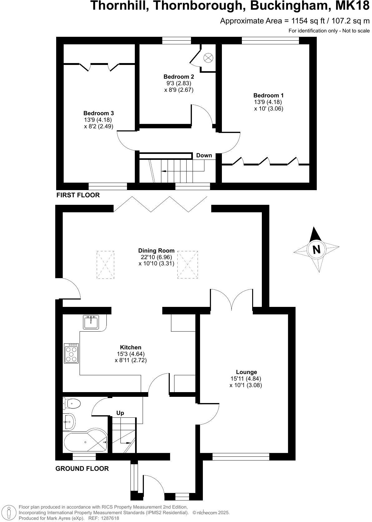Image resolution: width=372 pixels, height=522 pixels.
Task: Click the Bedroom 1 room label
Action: [268, 96]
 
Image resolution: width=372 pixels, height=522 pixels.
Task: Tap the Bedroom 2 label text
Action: [179, 77]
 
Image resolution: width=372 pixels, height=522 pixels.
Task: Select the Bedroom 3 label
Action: [99, 113]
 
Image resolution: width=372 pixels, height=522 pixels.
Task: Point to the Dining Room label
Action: [156, 250]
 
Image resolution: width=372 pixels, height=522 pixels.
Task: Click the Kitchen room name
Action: [131, 347]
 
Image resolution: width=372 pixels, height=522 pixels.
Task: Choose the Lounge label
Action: [247, 372]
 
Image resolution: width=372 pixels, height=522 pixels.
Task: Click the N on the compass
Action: [317, 249]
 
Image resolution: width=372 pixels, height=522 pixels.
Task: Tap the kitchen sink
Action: [91, 322]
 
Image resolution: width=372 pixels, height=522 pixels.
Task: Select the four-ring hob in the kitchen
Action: [71, 353]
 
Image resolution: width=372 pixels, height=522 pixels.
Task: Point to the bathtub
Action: [85, 443]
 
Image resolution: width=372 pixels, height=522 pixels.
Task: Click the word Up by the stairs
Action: [120, 413]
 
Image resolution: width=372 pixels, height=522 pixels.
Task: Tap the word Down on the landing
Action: [204, 155]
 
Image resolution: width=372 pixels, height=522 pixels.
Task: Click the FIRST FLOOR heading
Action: [78, 195]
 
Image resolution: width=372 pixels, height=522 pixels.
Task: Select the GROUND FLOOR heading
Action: [82, 468]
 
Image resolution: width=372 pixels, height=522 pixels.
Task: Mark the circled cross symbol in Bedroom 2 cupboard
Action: [208, 57]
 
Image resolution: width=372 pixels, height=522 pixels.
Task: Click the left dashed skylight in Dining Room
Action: [105, 264]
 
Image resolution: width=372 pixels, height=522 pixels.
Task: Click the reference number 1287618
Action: [109, 518]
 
